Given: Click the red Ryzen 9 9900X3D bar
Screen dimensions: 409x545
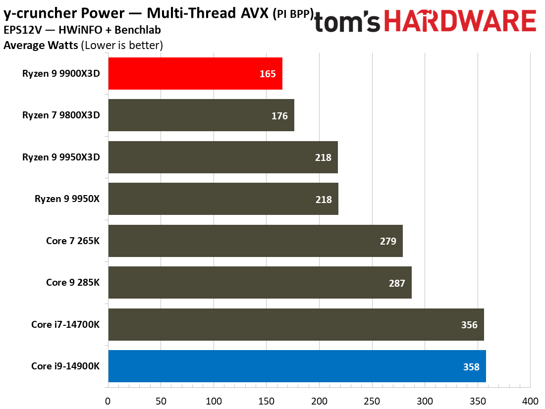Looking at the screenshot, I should click(x=195, y=73).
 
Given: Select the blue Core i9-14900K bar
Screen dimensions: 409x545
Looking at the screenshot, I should click(x=296, y=366).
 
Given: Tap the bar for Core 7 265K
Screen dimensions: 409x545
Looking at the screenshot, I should click(x=255, y=241).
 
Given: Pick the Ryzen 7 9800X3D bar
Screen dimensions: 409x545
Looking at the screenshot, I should click(x=201, y=115).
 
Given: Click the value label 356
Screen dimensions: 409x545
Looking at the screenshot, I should click(x=469, y=325).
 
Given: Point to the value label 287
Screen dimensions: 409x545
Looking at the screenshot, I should click(x=397, y=283).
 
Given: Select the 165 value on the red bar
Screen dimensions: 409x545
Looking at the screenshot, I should click(x=268, y=74).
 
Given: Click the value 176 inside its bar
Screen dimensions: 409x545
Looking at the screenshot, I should click(x=279, y=116).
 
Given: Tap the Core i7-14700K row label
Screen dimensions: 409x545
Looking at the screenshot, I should click(x=65, y=325).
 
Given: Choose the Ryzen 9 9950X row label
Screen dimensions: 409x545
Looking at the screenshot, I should click(x=67, y=199).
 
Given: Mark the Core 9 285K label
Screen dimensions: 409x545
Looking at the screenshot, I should click(x=73, y=283).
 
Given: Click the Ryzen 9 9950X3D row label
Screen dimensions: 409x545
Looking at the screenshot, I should click(x=61, y=157).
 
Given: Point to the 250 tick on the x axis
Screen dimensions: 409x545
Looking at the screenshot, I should click(x=372, y=400).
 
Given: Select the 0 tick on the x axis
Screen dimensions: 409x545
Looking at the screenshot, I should click(x=108, y=400).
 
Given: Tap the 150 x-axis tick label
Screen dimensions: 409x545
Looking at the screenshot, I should click(x=266, y=400).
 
